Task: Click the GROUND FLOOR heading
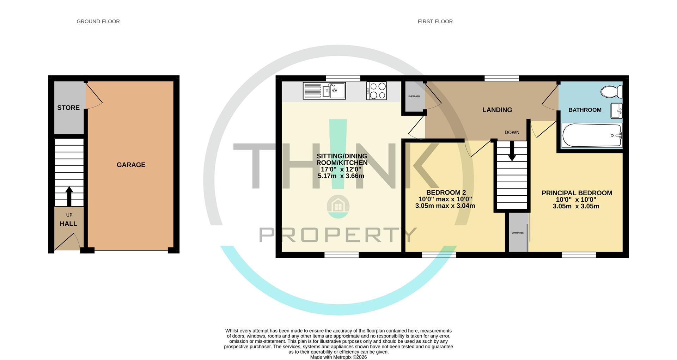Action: click(x=98, y=22)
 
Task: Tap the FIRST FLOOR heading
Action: click(x=435, y=22)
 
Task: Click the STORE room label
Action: click(x=68, y=108)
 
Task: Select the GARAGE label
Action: click(x=131, y=165)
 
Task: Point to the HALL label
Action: click(x=68, y=224)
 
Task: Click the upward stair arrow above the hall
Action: click(x=69, y=196)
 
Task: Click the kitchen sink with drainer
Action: click(x=324, y=91)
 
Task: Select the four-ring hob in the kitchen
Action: click(x=377, y=91)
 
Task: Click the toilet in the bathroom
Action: click(x=612, y=92)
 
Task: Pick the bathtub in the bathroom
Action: click(x=591, y=135)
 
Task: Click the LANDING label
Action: click(x=497, y=110)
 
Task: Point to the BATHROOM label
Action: click(x=585, y=110)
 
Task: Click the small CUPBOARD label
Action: click(x=414, y=96)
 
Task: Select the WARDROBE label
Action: click(x=518, y=233)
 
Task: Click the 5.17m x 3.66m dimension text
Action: click(x=341, y=176)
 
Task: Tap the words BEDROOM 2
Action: click(x=446, y=193)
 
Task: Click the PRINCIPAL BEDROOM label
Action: click(x=577, y=193)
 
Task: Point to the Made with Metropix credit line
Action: click(x=338, y=357)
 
